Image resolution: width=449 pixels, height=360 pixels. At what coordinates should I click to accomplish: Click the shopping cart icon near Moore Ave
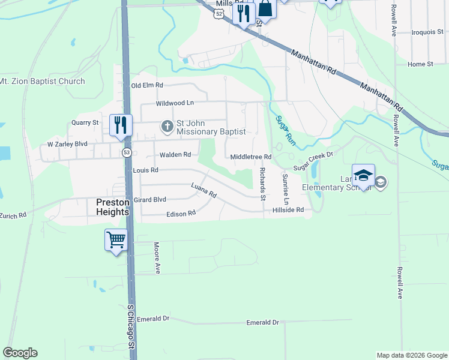116,240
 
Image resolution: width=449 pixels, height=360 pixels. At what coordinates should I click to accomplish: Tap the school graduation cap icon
363,175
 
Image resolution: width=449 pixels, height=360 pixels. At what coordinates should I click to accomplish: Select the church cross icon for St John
167,127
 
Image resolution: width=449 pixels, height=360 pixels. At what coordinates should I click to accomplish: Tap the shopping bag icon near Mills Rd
265,10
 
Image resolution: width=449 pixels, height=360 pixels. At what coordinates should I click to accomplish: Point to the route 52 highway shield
220,14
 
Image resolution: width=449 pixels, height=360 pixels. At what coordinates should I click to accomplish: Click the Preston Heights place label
113,207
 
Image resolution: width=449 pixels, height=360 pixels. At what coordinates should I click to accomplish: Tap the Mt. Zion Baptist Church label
42,81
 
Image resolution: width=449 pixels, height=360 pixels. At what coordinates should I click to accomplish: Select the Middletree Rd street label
252,157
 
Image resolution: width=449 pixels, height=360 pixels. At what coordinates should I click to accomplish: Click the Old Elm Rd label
147,86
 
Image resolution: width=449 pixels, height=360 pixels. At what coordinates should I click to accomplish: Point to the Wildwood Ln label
175,103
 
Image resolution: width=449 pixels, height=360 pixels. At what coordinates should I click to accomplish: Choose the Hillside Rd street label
288,210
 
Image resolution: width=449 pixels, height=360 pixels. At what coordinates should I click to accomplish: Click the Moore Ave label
157,257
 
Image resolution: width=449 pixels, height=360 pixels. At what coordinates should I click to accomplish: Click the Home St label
420,64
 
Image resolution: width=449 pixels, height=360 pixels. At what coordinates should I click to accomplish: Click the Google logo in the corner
20,353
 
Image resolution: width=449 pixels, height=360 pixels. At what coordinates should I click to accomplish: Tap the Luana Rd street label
203,191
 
